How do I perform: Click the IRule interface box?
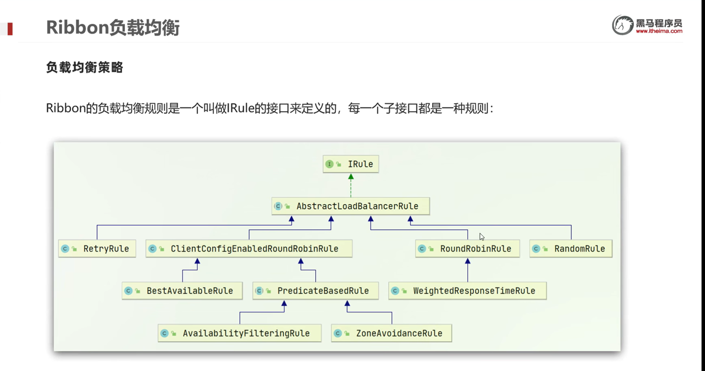pos(351,164)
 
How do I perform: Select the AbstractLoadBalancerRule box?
pos(351,206)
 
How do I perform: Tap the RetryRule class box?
pos(97,248)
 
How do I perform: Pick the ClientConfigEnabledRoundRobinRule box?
pos(249,248)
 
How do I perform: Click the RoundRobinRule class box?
pos(468,248)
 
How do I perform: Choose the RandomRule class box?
pos(571,248)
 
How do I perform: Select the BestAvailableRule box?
pos(182,290)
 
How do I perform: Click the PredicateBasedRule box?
pos(316,290)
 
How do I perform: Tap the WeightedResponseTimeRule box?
pos(468,290)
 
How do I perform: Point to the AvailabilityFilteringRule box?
pos(240,333)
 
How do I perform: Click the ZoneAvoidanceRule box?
pos(391,333)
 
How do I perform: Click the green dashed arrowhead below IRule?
pos(351,177)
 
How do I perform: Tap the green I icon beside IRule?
pos(329,164)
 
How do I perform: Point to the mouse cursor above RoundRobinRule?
pos(482,237)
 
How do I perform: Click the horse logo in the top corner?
pos(622,25)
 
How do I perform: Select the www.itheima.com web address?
pos(659,31)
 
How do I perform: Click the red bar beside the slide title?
pos(10,29)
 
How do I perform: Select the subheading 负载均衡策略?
pos(84,68)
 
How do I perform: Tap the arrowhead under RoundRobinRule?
pos(468,261)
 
